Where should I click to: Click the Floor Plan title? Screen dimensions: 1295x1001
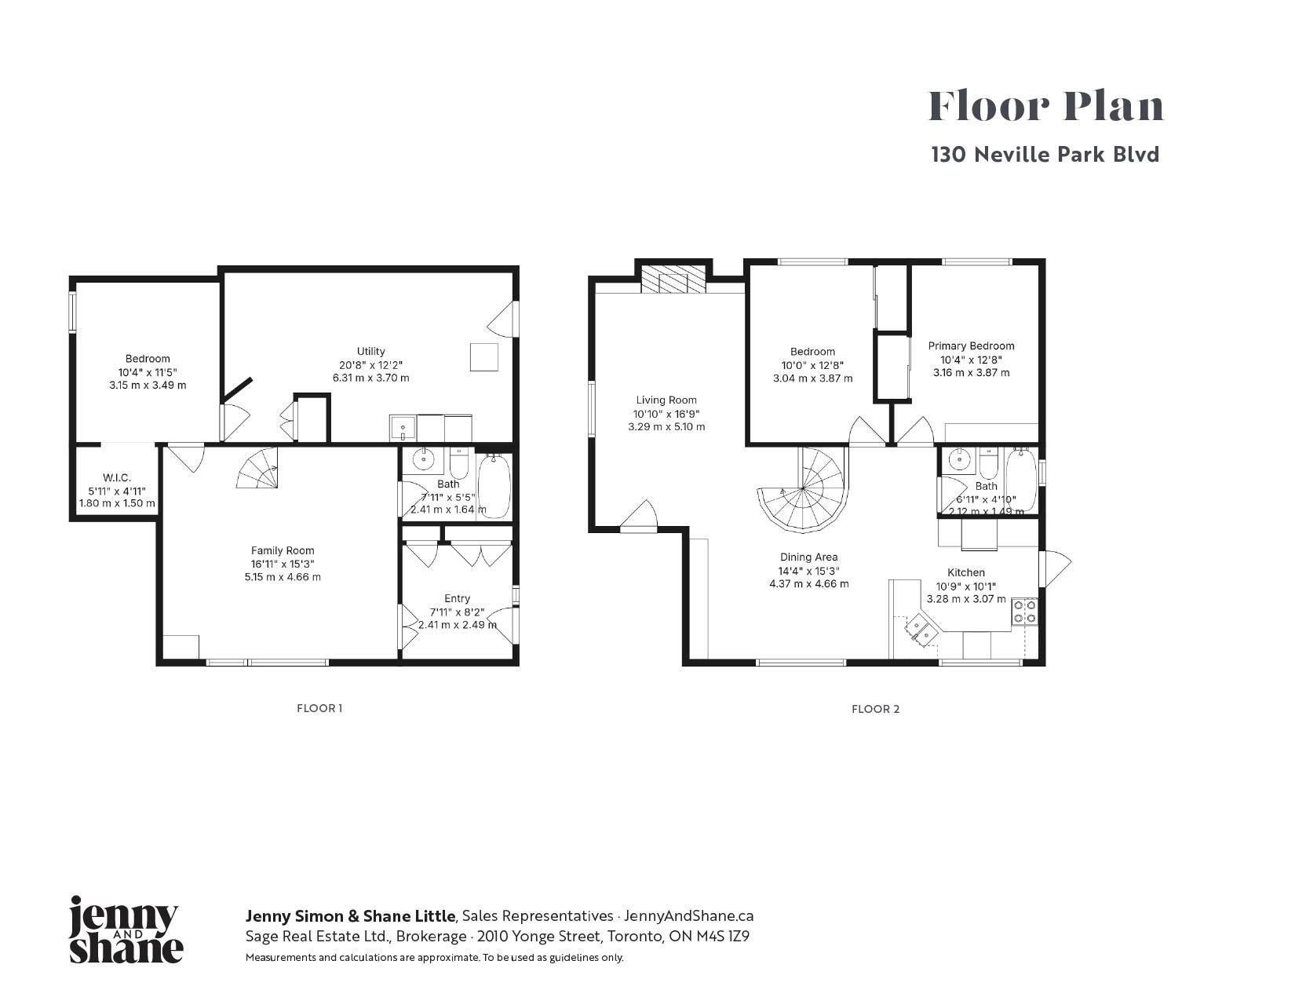[x=1045, y=107]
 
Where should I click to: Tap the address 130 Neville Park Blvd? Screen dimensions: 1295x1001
[x=1045, y=155]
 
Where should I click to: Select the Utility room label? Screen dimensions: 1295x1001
[x=370, y=351]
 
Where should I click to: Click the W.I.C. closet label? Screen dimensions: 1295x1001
[x=117, y=477]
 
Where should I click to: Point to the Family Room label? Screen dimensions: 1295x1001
[x=283, y=550]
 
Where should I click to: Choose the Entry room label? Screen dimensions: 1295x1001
[x=457, y=598]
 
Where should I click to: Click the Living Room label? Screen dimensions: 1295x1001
[x=666, y=400]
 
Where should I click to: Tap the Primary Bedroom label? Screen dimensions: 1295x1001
[x=972, y=345]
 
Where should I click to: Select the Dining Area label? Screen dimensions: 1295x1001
[x=808, y=557]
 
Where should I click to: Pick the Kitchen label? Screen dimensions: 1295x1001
[x=966, y=572]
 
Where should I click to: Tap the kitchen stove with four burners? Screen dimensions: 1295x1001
[x=1024, y=611]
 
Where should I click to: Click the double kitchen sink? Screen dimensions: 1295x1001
[x=921, y=631]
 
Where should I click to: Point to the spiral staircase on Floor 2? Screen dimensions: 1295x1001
[x=802, y=489]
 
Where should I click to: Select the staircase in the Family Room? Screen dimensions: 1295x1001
[x=257, y=468]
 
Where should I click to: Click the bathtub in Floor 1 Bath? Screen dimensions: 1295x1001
[x=494, y=487]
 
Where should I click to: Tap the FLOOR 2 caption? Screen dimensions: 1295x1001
[x=875, y=709]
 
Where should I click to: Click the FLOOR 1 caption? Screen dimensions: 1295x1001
[x=319, y=708]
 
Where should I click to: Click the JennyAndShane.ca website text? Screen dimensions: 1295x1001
[x=688, y=915]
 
